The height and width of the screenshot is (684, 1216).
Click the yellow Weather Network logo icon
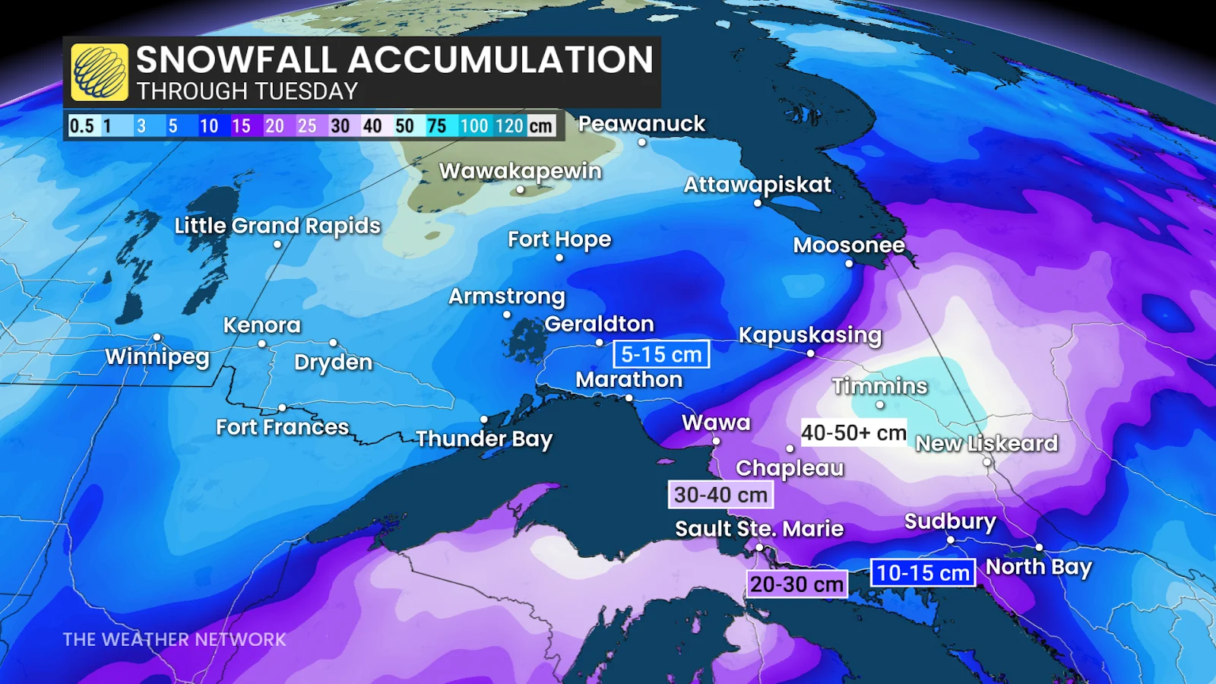tap(99, 72)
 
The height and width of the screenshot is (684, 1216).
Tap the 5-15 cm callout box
tap(661, 354)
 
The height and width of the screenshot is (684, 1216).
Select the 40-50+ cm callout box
tap(853, 432)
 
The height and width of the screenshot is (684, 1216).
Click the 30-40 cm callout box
tap(720, 495)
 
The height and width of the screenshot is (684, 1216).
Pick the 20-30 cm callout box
tap(796, 584)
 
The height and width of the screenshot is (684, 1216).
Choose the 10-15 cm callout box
tap(923, 572)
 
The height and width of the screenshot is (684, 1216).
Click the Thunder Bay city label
tap(484, 439)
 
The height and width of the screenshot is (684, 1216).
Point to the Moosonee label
tap(849, 245)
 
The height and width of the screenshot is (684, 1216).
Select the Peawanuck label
tap(641, 123)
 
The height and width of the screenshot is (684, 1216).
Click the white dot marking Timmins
tap(880, 405)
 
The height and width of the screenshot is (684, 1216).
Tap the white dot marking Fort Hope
tap(559, 258)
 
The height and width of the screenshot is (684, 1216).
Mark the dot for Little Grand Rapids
tap(277, 244)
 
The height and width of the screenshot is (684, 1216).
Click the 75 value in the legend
tap(437, 126)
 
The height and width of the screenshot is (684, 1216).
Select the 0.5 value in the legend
tap(81, 126)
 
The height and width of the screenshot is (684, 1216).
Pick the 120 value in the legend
tap(509, 126)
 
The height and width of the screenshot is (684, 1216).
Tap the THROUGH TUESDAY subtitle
tap(247, 91)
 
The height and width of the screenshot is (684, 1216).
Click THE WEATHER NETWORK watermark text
tap(174, 639)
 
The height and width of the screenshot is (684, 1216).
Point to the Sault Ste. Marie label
tap(759, 528)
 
